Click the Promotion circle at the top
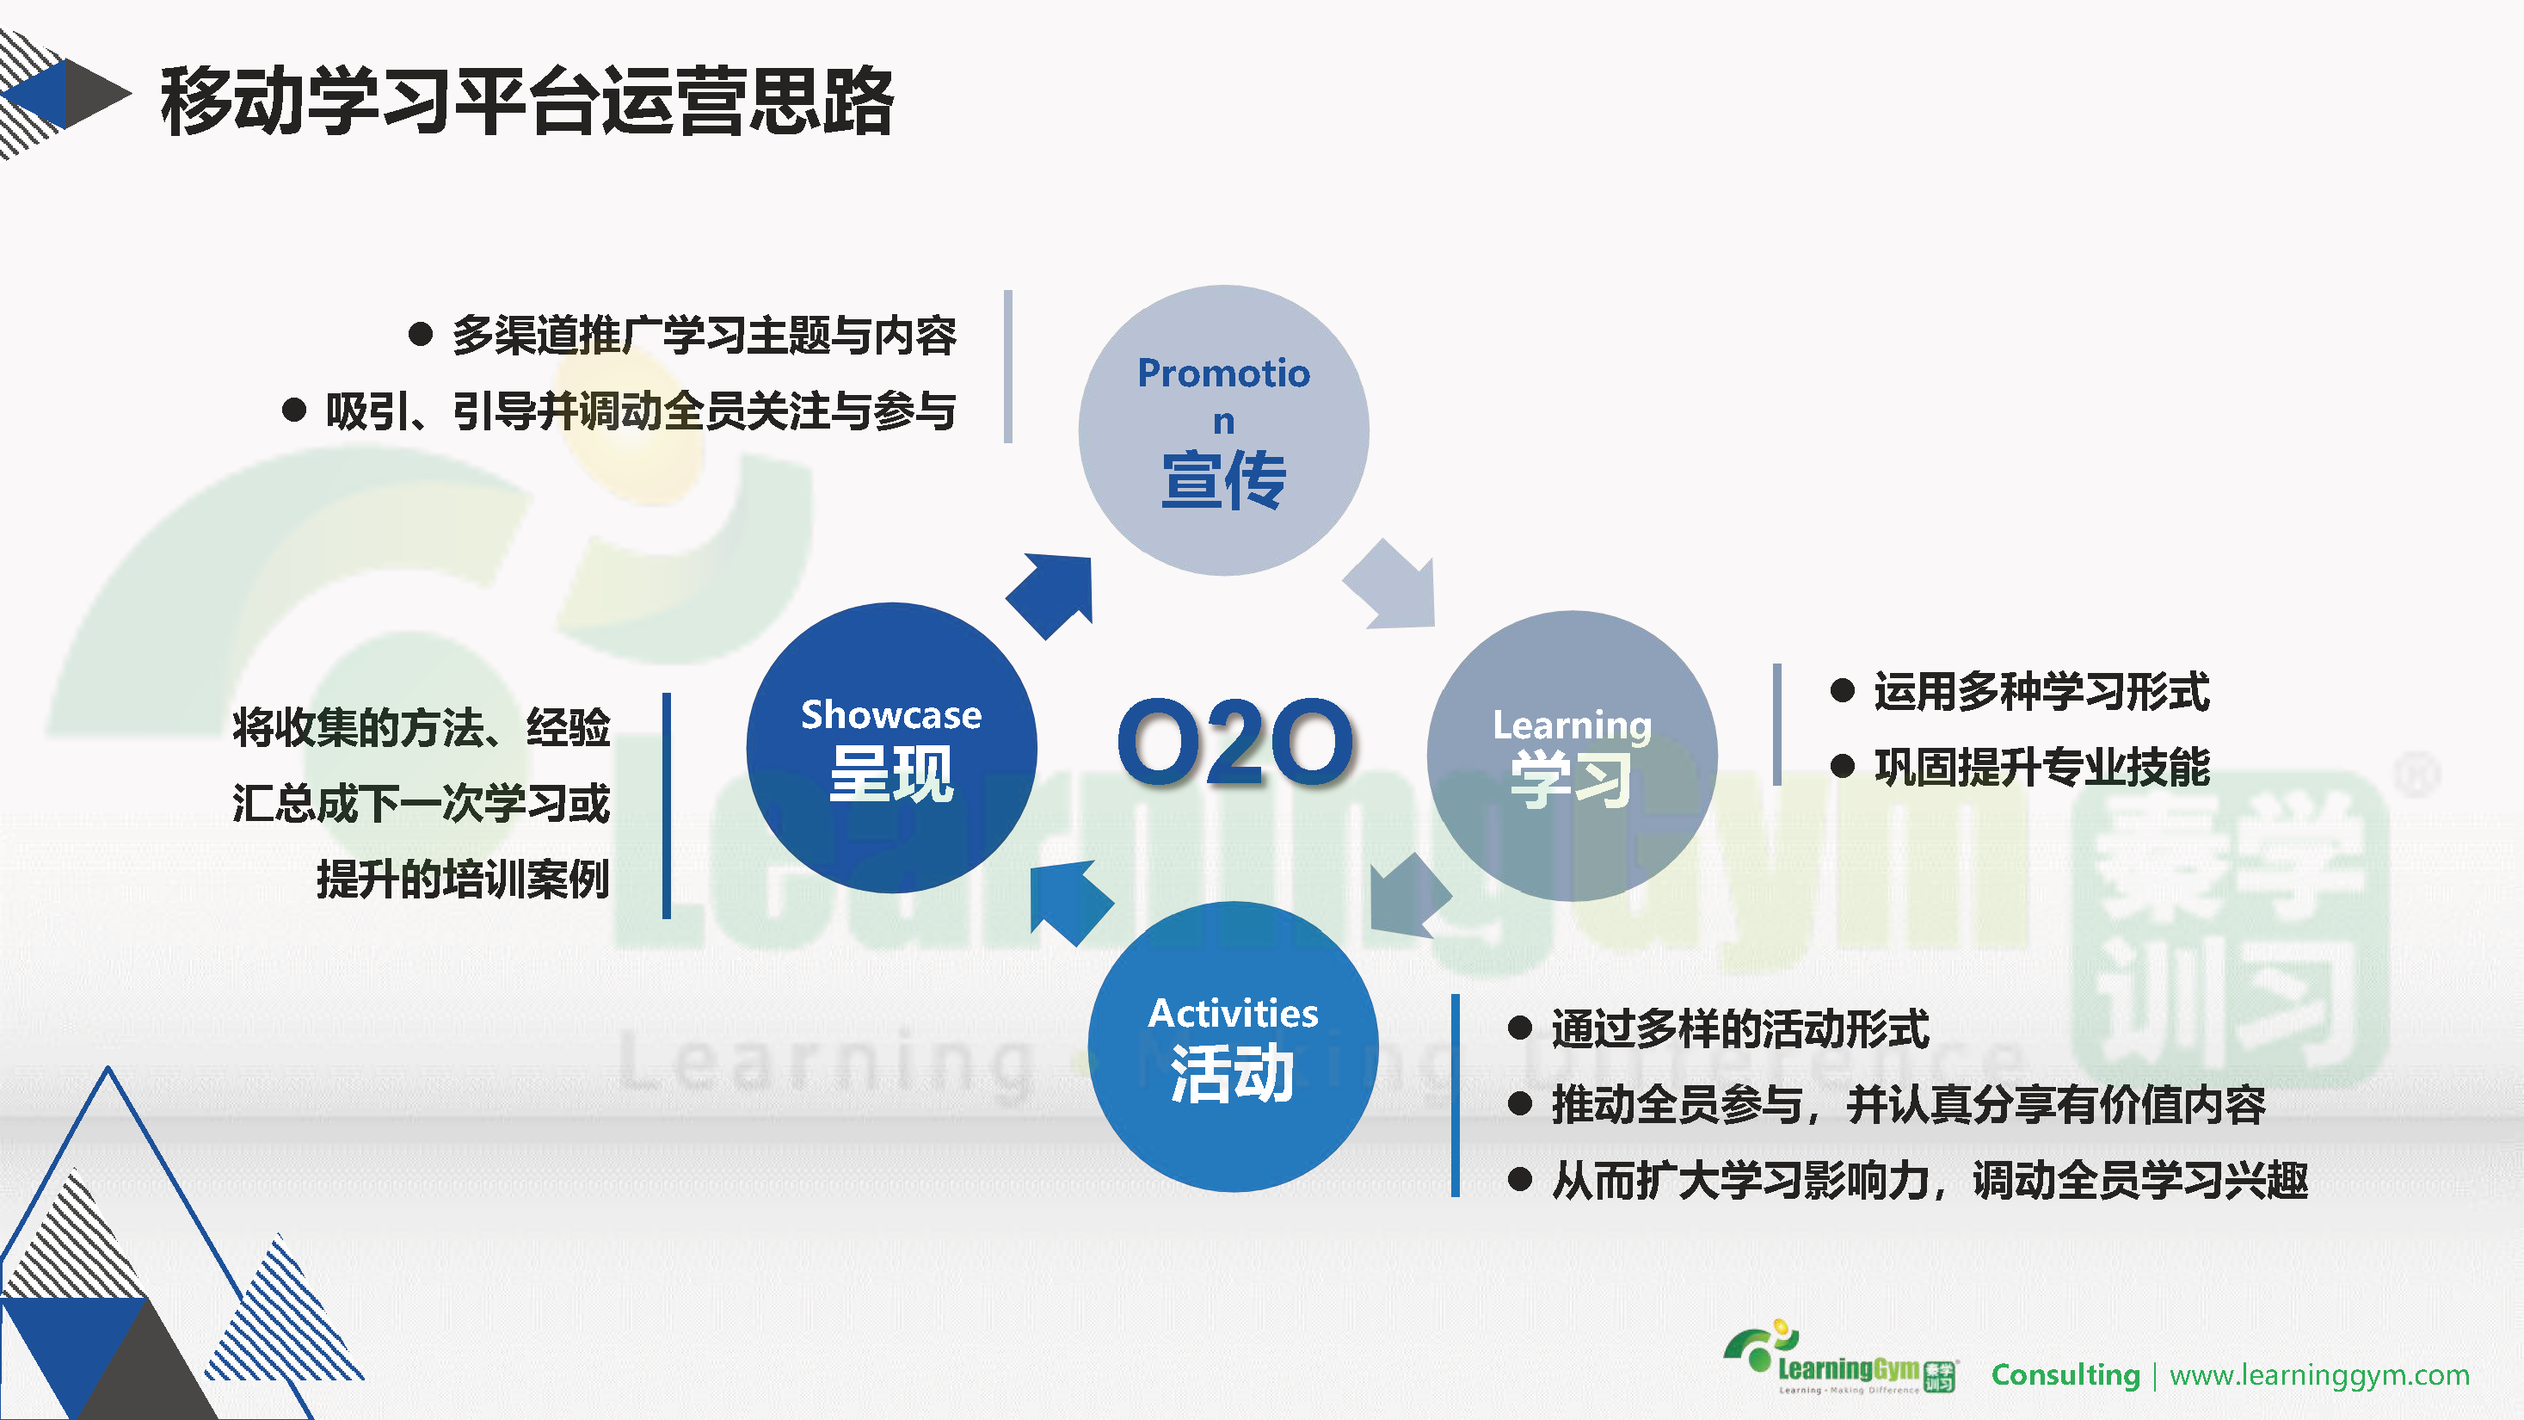coord(1224,430)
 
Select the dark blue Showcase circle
coord(891,748)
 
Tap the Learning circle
coord(1572,756)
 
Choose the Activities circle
coord(1234,1046)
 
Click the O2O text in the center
coord(1235,742)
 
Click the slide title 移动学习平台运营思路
coord(527,101)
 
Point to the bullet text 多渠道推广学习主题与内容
coord(704,335)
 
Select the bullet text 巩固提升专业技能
coord(2042,766)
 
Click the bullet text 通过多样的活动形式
coord(1740,1029)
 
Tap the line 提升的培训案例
coord(464,878)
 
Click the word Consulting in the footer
coord(2065,1375)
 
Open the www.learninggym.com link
coord(2319,1376)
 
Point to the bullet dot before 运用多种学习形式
coord(1842,690)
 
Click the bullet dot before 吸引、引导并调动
coord(294,410)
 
